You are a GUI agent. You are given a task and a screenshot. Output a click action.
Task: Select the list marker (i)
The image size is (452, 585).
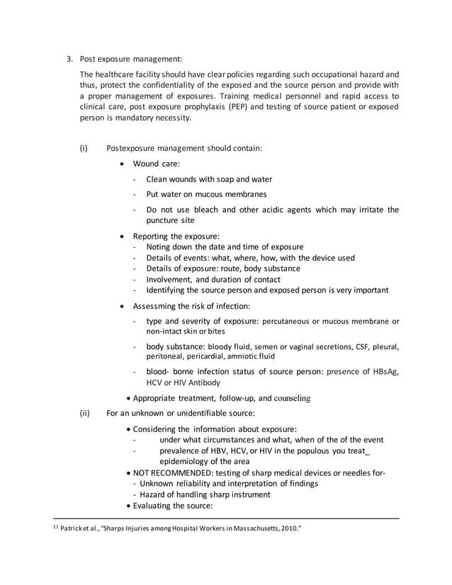84,149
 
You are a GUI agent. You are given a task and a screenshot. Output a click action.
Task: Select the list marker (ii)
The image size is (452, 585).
84,413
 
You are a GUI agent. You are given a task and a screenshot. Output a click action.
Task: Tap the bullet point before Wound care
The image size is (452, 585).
125,164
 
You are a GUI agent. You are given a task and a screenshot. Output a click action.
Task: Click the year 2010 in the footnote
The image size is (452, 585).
291,528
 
